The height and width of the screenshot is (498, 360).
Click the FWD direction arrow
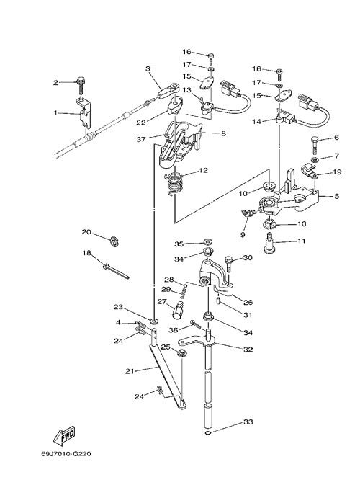tap(64, 435)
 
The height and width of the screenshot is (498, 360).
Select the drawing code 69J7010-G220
tap(66, 453)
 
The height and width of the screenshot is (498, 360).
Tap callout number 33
tap(248, 422)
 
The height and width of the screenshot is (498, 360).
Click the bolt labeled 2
tap(80, 84)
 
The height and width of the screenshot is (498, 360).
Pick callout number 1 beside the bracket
tap(56, 112)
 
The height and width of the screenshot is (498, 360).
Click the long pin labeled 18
tap(116, 270)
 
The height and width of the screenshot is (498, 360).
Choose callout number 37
tap(141, 139)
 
